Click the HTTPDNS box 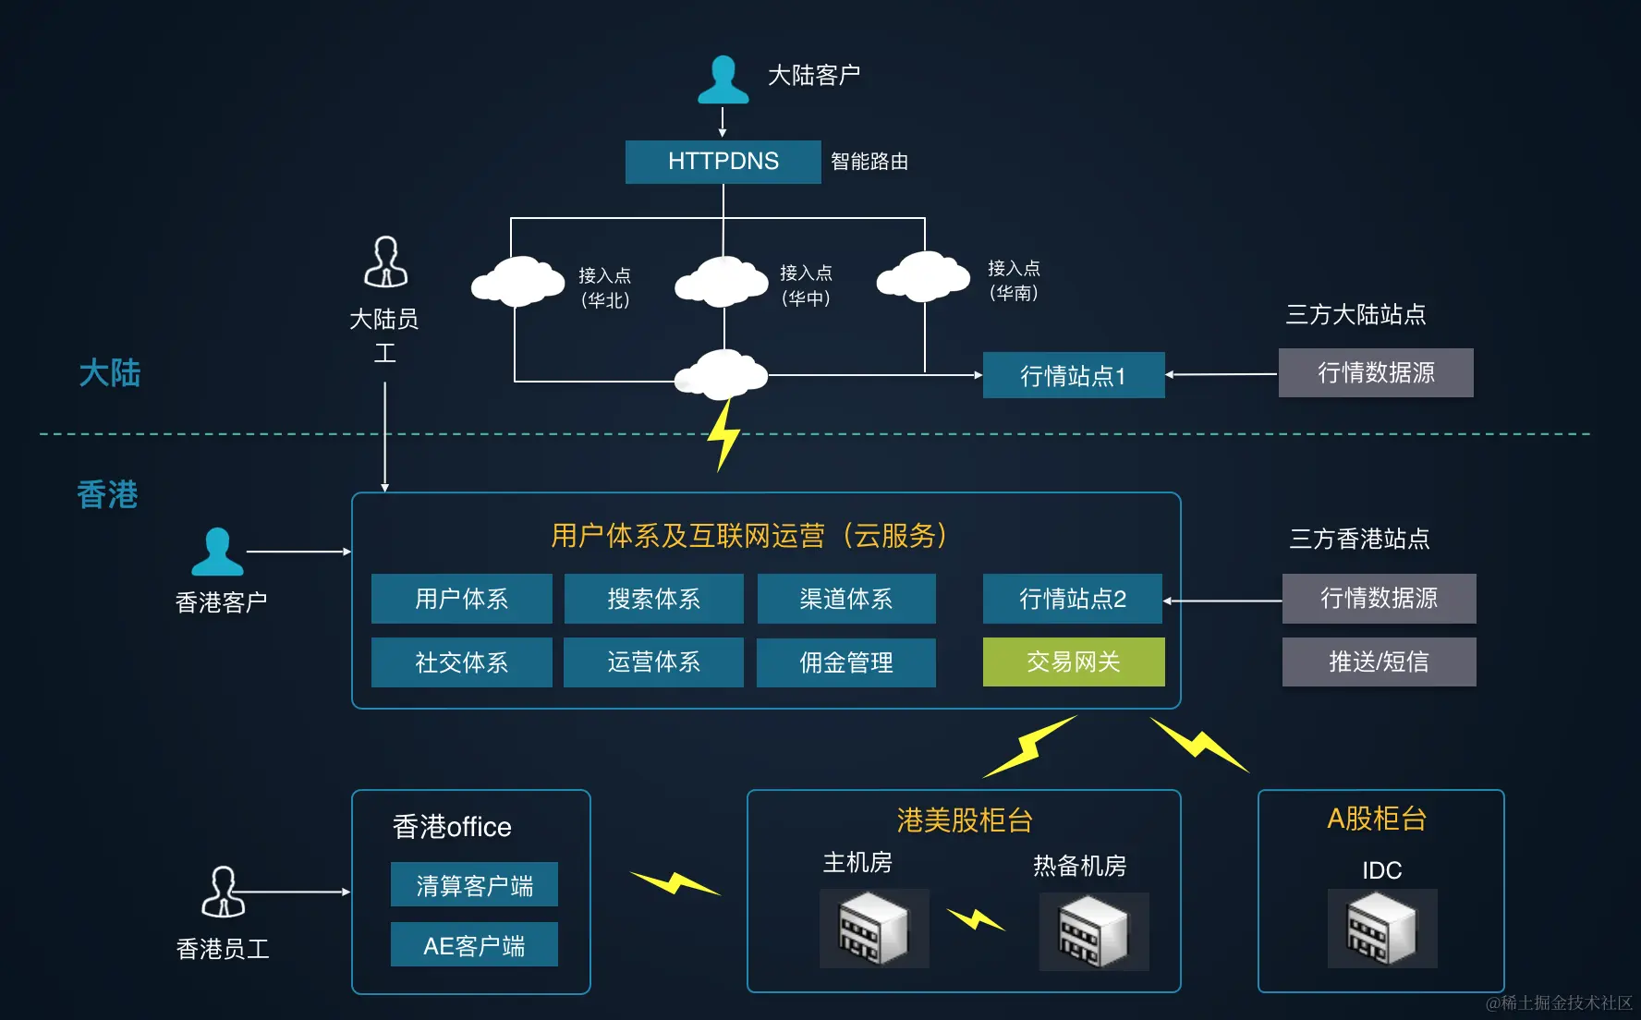coord(723,162)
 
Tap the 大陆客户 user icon coord(723,80)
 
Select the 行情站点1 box coord(1073,375)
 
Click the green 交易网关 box coord(1073,662)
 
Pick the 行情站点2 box coord(1072,599)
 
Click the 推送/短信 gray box coord(1379,662)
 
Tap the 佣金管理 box coord(845,662)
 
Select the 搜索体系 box coord(653,599)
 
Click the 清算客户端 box coord(474,885)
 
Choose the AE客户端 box coord(474,945)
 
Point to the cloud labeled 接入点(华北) coord(517,281)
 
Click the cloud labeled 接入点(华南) coord(922,276)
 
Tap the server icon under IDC coord(1381,929)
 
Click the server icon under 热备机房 coord(1093,931)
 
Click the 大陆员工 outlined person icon coord(385,262)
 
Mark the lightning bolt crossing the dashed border coord(723,434)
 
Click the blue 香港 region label coord(107,494)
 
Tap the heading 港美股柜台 coord(964,820)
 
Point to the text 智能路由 coord(869,162)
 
